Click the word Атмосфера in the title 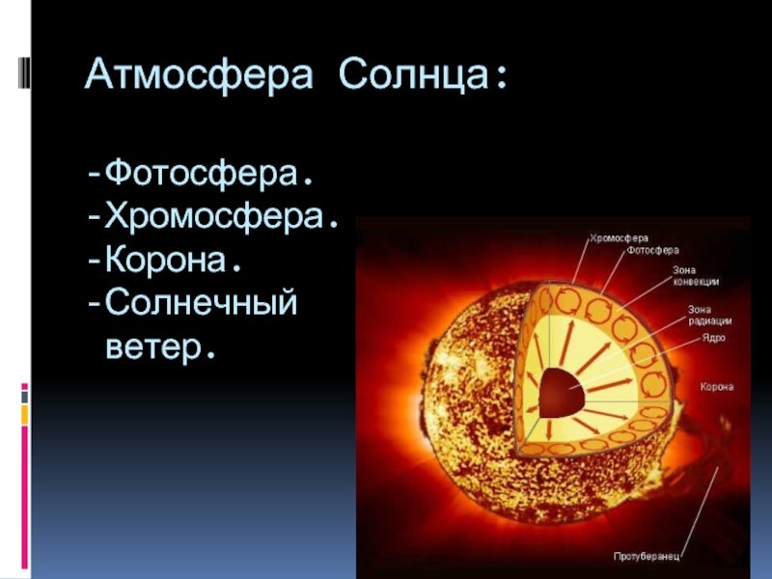199,75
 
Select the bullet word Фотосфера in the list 202,174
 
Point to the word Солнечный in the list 202,302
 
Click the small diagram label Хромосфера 619,238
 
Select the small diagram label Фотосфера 652,251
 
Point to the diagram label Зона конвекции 696,276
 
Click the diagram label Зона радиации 709,316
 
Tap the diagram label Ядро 713,339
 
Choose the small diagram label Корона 717,387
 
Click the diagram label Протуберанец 647,557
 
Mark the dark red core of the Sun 562,393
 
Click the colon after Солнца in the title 501,78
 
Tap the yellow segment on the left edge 24,415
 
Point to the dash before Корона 94,261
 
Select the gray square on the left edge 24,397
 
